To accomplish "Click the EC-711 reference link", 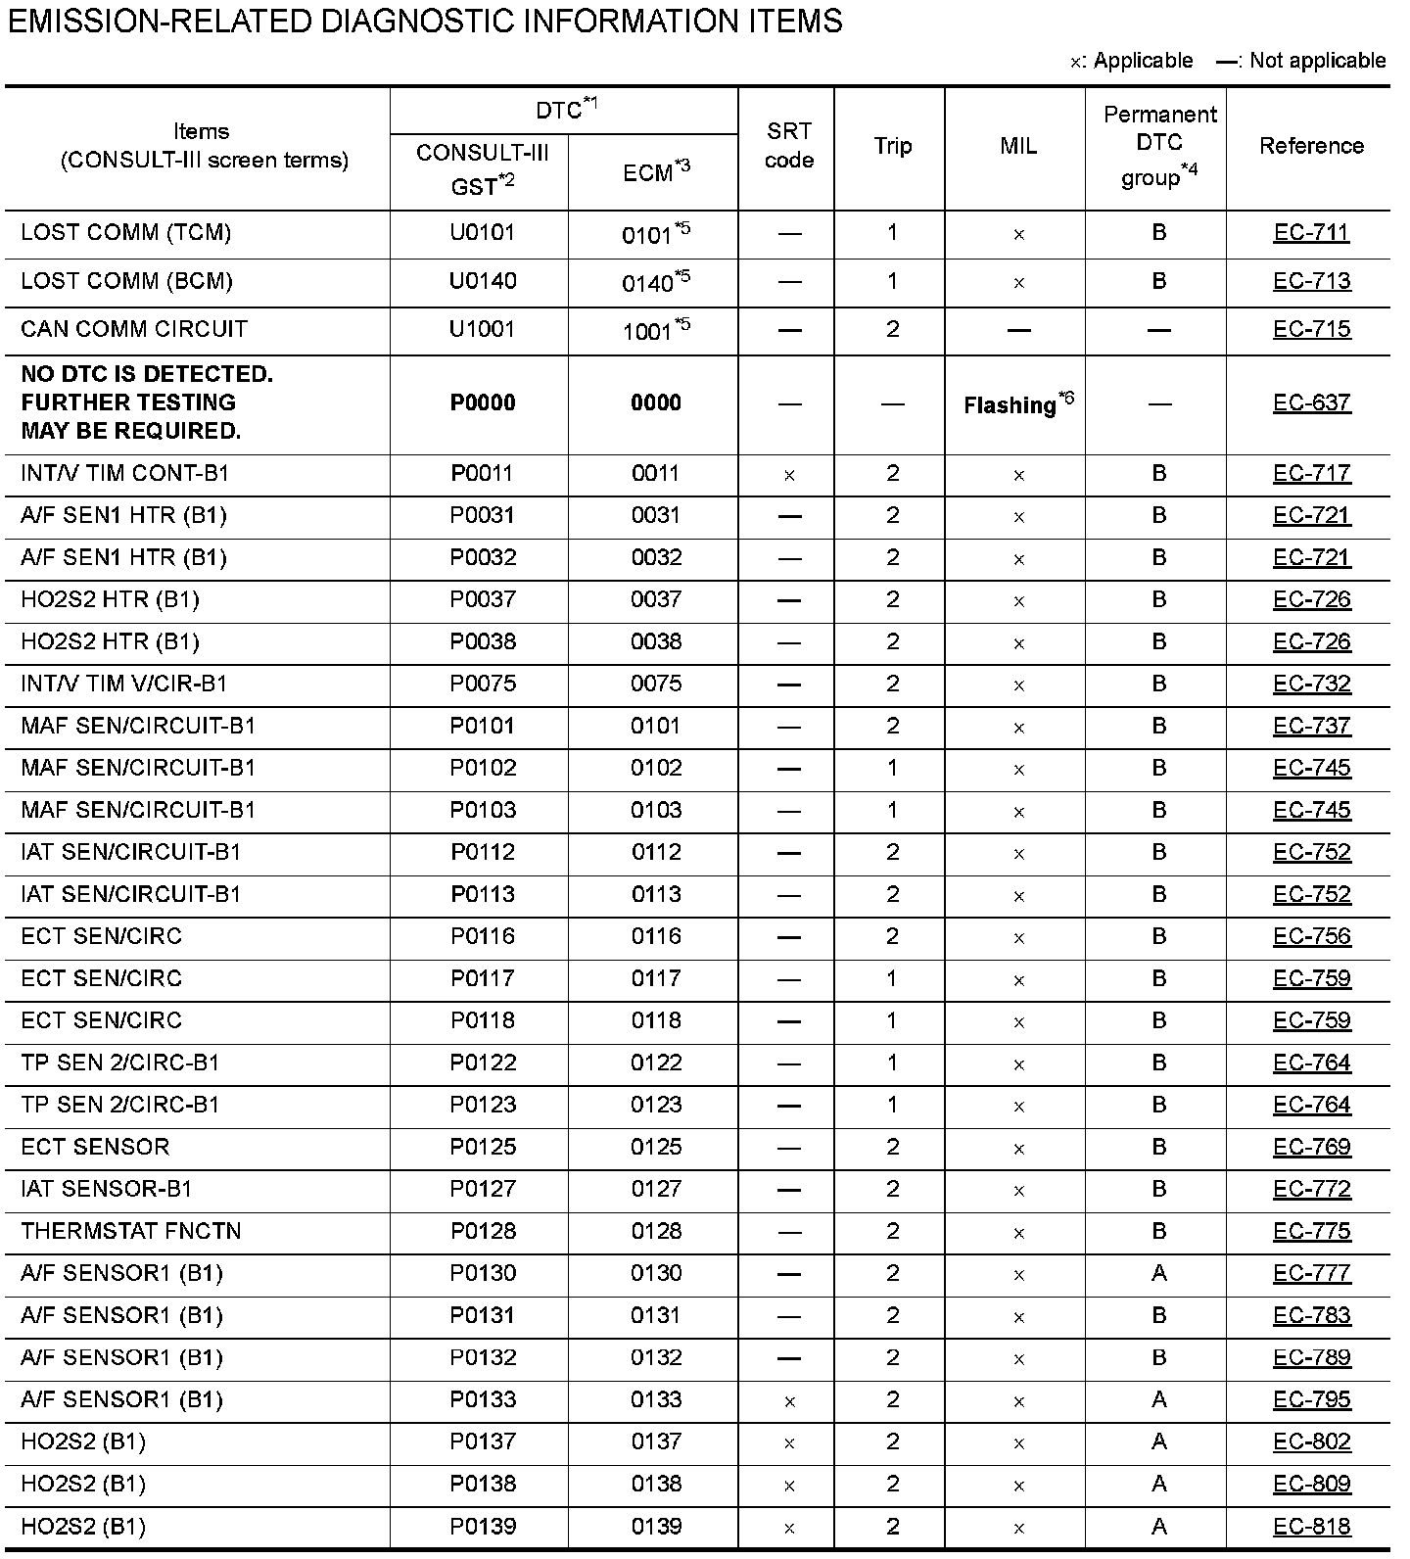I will pos(1311,233).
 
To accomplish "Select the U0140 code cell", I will pos(482,282).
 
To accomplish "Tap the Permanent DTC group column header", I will pos(1159,146).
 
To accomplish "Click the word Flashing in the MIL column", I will pos(1010,405).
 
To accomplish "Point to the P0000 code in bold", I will pos(482,403).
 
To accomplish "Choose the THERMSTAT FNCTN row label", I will pos(131,1232).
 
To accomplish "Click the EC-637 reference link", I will pos(1311,403).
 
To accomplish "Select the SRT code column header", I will pos(788,146).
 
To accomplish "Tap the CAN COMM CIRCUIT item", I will pos(134,330).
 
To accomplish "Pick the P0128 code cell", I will pos(483,1232).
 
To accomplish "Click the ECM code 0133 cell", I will pos(656,1400).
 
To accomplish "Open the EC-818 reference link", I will pos(1311,1527).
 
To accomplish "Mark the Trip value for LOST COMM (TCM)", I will pos(892,233).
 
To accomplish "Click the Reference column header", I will pos(1311,146).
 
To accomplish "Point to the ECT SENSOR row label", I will pos(95,1148).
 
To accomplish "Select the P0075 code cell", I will pos(483,685).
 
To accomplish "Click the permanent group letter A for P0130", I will pos(1159,1274).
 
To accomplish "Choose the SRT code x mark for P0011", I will pos(789,476).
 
